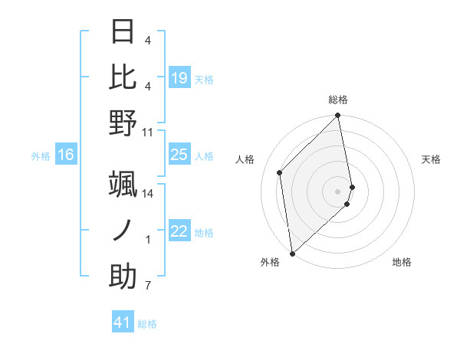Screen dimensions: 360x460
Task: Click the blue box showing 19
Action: tap(179, 78)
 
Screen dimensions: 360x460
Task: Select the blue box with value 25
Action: tap(179, 155)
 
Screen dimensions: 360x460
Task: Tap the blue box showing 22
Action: tap(179, 232)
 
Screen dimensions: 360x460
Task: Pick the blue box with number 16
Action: tap(66, 155)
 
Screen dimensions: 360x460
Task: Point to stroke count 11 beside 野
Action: tap(148, 132)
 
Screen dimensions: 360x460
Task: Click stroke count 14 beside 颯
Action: tap(148, 193)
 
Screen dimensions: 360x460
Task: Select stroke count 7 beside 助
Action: tap(148, 286)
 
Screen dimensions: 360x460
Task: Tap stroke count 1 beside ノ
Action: tap(148, 240)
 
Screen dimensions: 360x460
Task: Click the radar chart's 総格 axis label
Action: tap(338, 100)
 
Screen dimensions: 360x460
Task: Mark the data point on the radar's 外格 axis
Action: tap(292, 253)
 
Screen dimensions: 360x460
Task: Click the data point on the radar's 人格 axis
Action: tap(280, 172)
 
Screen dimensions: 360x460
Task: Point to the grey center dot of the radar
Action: tap(338, 191)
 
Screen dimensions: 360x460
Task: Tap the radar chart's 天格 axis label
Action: tap(431, 159)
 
